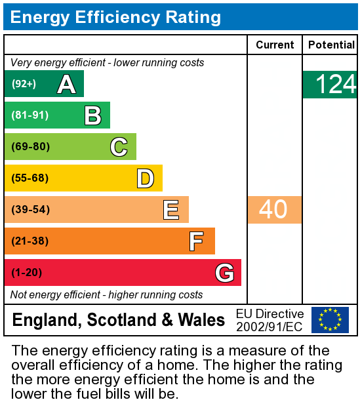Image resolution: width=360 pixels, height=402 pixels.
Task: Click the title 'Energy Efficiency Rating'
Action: (x=115, y=17)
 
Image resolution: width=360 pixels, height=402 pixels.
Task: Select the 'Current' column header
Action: (x=275, y=45)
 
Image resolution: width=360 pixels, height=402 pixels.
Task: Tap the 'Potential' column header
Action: (x=330, y=45)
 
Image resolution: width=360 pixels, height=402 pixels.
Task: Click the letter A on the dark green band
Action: (x=66, y=84)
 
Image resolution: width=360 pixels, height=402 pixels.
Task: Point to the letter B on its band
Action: (x=92, y=115)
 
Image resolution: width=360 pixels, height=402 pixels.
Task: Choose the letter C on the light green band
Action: (x=119, y=147)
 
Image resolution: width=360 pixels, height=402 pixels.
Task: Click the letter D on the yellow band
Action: (x=145, y=178)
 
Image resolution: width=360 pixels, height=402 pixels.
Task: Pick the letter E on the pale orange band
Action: (x=171, y=210)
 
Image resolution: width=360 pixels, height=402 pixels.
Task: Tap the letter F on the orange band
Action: (x=196, y=241)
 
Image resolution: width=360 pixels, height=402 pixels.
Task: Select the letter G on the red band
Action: (x=224, y=273)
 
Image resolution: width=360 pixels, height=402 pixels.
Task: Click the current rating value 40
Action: (x=273, y=210)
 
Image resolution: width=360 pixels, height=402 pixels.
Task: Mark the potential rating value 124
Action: (x=335, y=85)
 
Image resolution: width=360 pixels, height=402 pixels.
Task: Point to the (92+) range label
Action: (x=24, y=84)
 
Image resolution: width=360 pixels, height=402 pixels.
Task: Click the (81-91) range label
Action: (x=30, y=115)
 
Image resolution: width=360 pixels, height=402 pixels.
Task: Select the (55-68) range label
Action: (x=30, y=178)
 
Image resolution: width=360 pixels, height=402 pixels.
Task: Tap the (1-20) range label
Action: (x=27, y=273)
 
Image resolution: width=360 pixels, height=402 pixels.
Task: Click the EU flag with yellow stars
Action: (x=330, y=320)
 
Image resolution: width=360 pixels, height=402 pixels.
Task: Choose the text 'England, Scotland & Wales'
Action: (x=119, y=321)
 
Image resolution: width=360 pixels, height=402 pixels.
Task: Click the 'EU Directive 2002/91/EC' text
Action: (x=270, y=320)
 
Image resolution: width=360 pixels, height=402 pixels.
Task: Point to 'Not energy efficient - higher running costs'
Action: (x=107, y=294)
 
